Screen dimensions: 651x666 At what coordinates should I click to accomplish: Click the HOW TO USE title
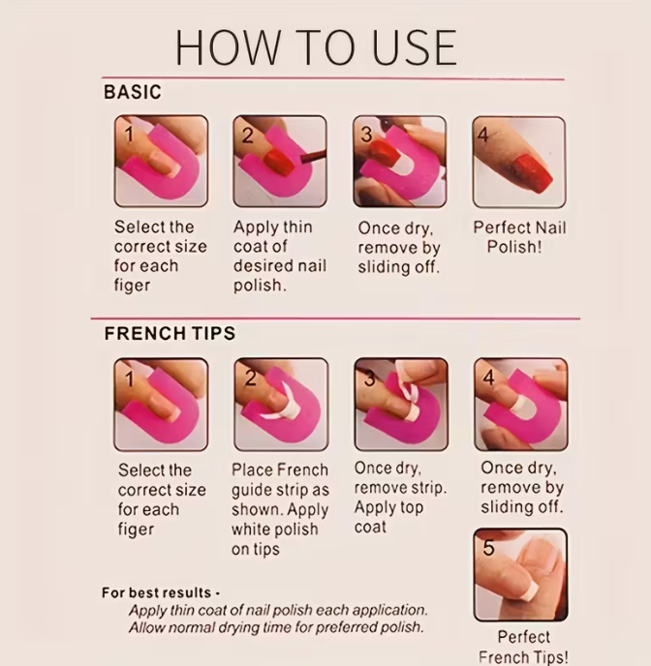[316, 47]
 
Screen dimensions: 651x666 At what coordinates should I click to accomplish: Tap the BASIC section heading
[133, 92]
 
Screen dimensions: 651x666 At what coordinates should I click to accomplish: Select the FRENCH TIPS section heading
[170, 333]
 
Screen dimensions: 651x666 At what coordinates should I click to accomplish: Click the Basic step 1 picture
[161, 161]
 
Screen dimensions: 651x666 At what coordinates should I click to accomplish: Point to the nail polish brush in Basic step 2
[312, 157]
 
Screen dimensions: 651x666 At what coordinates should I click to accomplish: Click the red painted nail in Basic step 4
[533, 173]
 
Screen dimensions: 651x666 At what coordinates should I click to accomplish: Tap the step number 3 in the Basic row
[366, 136]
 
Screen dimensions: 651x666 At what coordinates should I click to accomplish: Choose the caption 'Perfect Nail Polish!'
[519, 237]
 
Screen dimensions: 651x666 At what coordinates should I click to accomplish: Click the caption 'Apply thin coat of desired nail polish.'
[280, 257]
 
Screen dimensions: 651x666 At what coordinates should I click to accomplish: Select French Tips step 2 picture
[281, 404]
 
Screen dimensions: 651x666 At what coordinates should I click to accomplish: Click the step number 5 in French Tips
[488, 548]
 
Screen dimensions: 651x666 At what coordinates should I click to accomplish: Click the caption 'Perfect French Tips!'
[523, 647]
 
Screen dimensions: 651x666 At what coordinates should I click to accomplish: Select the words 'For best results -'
[161, 592]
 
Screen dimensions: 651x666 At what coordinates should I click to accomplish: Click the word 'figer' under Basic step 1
[132, 285]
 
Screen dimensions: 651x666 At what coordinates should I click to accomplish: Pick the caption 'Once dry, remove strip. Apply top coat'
[400, 498]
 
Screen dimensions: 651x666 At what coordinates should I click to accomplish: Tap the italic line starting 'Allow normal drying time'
[276, 627]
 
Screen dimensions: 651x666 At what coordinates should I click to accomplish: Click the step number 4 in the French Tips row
[488, 378]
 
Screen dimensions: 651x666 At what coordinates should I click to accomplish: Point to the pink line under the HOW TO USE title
[332, 78]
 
